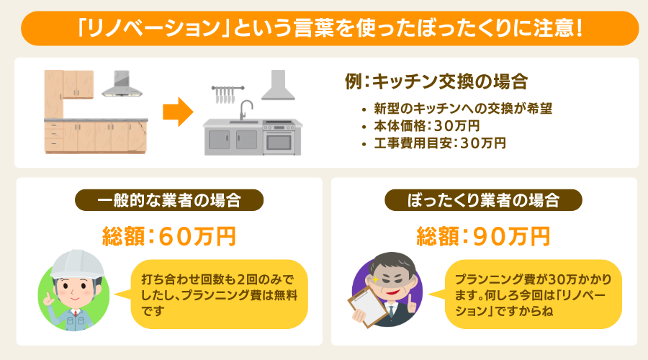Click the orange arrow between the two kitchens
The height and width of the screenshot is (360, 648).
click(177, 112)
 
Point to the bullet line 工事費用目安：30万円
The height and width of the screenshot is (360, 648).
click(440, 143)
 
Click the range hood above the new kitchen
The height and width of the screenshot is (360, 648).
click(277, 86)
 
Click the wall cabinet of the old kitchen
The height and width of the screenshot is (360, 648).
click(69, 84)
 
